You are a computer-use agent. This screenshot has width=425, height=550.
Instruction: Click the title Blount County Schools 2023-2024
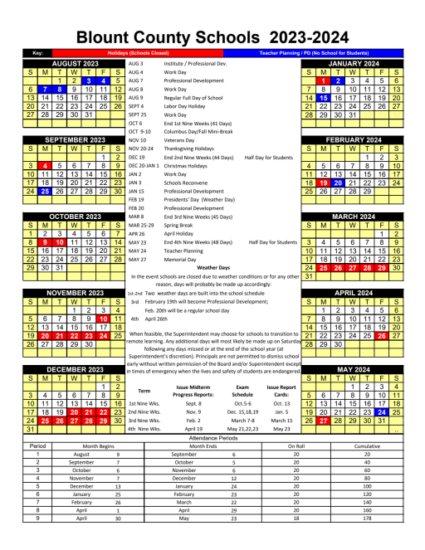212,37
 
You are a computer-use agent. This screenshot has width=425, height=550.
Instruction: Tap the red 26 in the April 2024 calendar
382,335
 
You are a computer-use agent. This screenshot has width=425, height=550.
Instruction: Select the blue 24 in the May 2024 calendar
382,412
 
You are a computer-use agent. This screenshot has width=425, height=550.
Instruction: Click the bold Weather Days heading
213,267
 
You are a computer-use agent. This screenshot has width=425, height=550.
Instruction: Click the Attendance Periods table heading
213,436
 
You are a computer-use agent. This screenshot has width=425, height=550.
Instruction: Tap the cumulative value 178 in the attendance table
362,541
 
